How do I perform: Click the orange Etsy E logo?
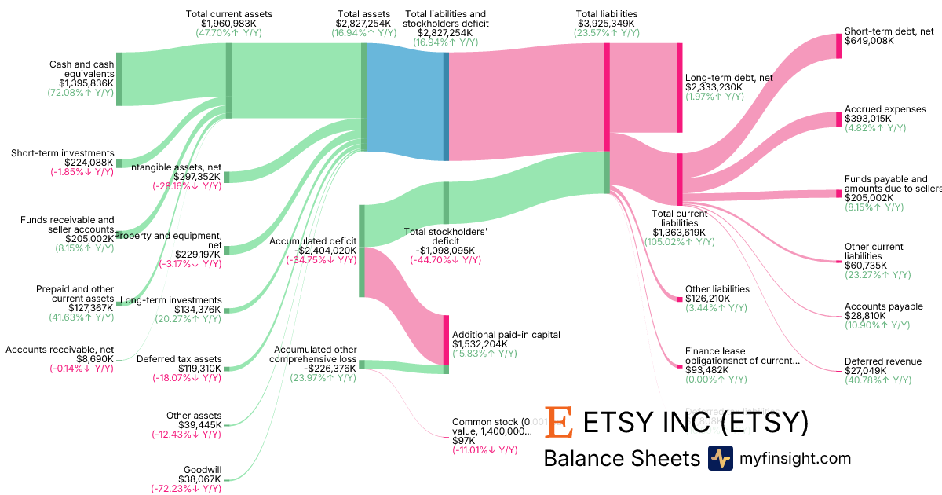560,422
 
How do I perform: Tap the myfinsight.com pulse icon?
720,458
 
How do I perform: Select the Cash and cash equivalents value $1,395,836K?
86,82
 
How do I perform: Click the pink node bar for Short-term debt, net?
838,46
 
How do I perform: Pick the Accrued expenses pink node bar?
838,119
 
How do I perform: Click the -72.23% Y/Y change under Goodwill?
186,488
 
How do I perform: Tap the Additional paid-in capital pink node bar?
446,339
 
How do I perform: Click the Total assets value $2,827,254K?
363,24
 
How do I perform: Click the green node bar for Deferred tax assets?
227,368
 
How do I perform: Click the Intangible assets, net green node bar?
227,177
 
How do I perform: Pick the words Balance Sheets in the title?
621,459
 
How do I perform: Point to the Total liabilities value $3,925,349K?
606,24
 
